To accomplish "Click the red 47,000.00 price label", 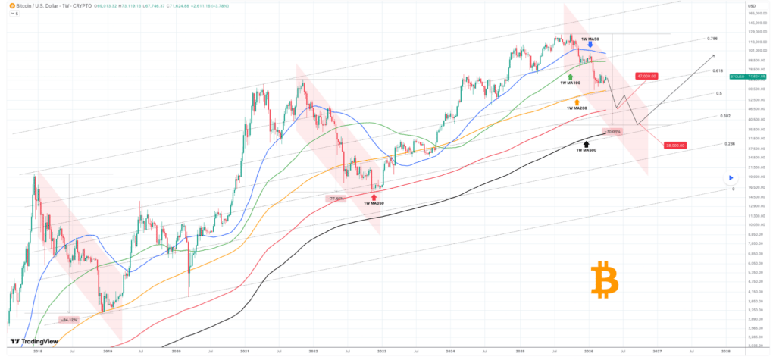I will pos(646,76).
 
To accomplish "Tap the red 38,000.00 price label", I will pos(674,145).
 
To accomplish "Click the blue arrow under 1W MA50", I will pos(590,45).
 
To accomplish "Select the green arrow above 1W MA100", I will pos(569,77).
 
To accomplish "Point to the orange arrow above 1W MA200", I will pos(577,101).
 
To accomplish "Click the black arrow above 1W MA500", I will pos(587,142).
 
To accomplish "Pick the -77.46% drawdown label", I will pos(336,198).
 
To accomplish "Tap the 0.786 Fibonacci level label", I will pos(712,38).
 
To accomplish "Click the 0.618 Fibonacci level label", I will pos(717,70).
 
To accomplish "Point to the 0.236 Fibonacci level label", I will pos(730,143).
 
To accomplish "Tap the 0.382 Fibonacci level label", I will pos(724,117).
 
